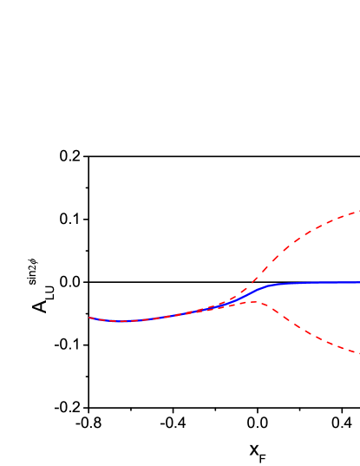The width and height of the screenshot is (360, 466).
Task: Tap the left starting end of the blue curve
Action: click(90, 318)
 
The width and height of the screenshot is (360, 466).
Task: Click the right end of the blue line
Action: click(358, 283)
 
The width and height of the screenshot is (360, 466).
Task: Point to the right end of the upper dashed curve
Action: click(358, 211)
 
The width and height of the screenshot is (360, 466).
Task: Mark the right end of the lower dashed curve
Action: click(358, 352)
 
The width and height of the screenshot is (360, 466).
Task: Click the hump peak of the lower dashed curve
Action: click(252, 302)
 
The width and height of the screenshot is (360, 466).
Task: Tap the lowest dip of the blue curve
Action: click(122, 321)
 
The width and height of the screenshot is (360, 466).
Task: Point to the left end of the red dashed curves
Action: click(89, 318)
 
